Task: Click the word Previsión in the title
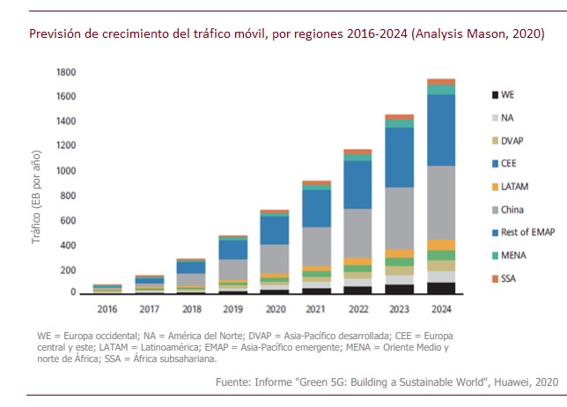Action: click(53, 34)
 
